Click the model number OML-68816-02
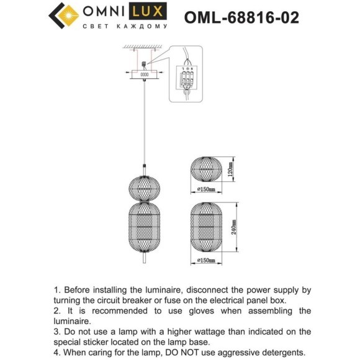(x=241, y=17)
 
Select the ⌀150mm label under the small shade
(x=206, y=189)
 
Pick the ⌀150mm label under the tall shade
(x=206, y=261)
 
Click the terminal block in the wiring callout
(x=187, y=79)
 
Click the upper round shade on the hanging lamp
(x=144, y=185)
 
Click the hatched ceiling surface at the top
(x=144, y=47)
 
